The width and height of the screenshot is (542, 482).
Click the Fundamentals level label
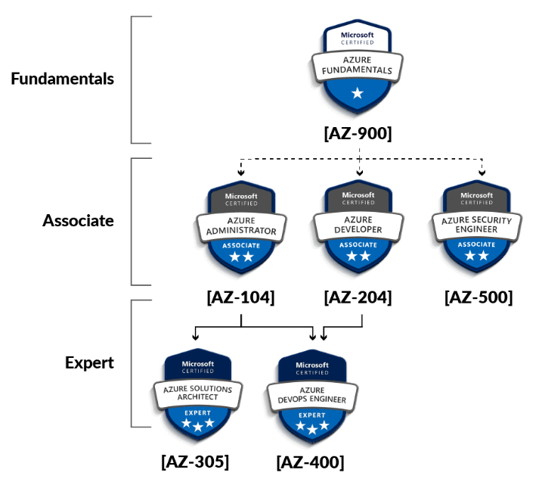[x=62, y=79]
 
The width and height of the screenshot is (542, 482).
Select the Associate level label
[x=78, y=221]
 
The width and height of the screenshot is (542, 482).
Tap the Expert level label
[x=89, y=362]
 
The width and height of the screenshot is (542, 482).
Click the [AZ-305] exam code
[x=195, y=461]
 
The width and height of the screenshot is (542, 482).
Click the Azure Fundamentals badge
[x=358, y=68]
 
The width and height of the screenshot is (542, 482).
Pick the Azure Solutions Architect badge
[x=197, y=393]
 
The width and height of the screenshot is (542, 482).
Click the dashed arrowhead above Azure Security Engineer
[x=482, y=173]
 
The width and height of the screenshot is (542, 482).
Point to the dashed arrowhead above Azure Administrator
[x=240, y=173]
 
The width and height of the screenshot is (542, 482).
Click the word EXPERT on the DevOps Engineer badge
[x=312, y=415]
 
